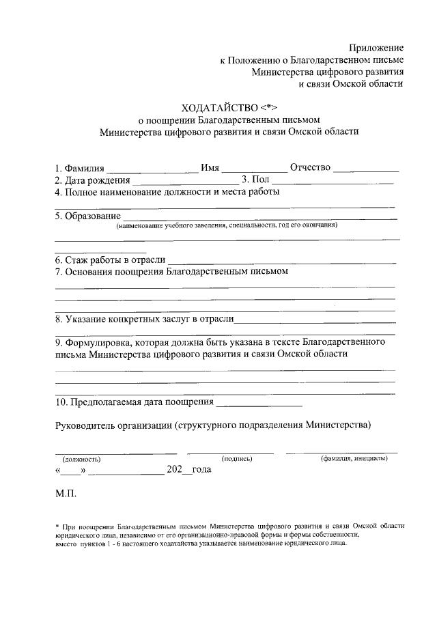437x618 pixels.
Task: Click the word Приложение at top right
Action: point(376,48)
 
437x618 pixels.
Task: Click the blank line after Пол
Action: point(333,183)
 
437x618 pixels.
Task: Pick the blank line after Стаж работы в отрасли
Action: point(281,262)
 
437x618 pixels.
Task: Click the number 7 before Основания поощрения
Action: point(58,272)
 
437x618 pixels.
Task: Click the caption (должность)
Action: point(81,460)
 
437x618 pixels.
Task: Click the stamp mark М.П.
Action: point(66,492)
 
